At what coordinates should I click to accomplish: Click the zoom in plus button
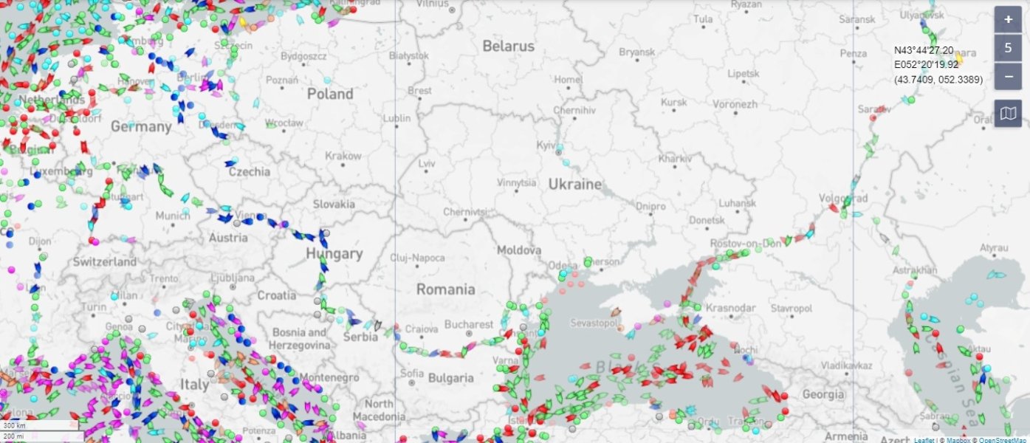click(x=1008, y=19)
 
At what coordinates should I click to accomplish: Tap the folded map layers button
click(x=1008, y=113)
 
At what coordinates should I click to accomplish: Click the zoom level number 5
click(x=1008, y=48)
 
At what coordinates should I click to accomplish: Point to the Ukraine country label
click(x=574, y=184)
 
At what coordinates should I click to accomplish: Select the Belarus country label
click(x=508, y=46)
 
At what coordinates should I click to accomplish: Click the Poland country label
click(x=330, y=94)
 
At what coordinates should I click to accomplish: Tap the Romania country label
click(x=445, y=289)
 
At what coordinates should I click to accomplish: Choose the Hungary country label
click(x=334, y=254)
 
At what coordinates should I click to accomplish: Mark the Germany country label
click(x=141, y=126)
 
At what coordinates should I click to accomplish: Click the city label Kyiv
click(x=548, y=145)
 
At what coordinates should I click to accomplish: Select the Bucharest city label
click(x=469, y=324)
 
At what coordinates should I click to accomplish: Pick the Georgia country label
click(x=823, y=394)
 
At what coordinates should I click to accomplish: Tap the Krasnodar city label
click(x=730, y=307)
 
